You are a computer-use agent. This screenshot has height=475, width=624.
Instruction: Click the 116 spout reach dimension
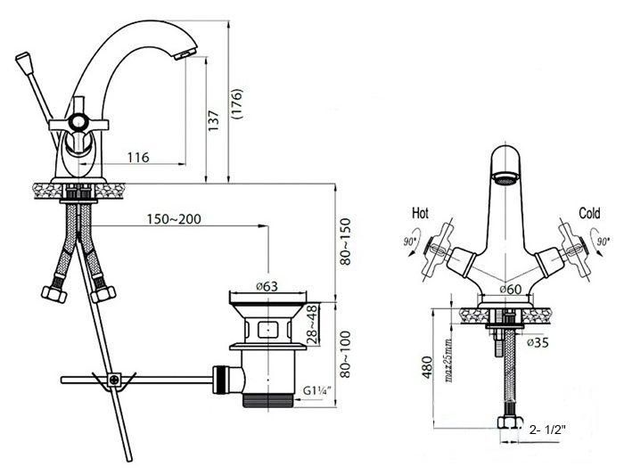tap(138, 158)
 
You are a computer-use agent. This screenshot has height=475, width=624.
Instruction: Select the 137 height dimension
tap(214, 121)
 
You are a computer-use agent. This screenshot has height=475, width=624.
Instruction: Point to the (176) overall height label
tap(237, 104)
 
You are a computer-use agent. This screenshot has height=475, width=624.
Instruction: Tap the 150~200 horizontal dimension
tap(174, 219)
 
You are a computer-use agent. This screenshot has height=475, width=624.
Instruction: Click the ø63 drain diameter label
tap(267, 286)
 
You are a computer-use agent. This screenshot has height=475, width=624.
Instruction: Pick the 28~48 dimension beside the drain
tap(313, 323)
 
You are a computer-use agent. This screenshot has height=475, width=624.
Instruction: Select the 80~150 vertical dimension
tap(346, 242)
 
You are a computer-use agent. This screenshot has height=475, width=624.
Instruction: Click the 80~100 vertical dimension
tap(346, 354)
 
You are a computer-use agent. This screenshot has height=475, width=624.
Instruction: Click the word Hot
tap(420, 213)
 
